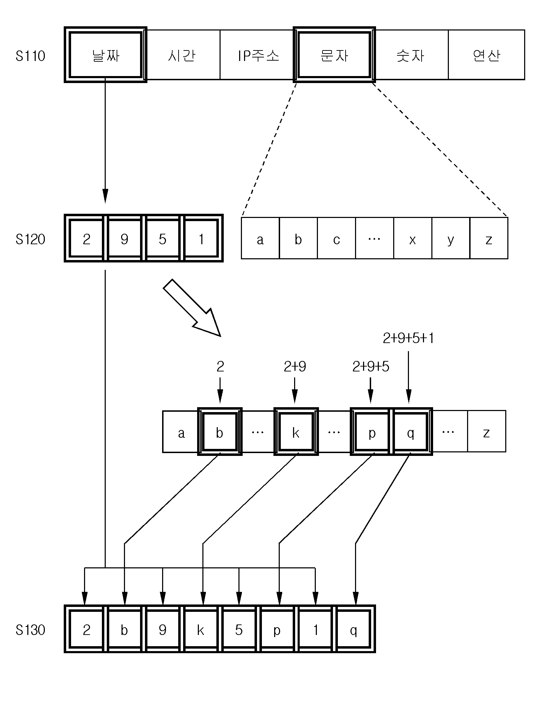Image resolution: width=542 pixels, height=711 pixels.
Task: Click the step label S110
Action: tap(30, 56)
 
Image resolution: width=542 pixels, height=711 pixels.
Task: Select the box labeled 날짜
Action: tap(105, 55)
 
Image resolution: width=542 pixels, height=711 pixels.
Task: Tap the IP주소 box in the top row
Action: tap(258, 55)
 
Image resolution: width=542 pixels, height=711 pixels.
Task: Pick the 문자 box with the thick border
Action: tap(334, 55)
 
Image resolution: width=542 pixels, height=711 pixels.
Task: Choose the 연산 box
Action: tap(486, 55)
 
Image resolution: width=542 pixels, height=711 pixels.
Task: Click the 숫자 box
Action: tap(410, 55)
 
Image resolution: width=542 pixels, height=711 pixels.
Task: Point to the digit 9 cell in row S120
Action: tap(125, 238)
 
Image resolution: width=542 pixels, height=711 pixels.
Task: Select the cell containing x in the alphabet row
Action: tap(413, 238)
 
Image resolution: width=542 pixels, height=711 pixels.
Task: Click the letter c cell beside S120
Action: tap(336, 238)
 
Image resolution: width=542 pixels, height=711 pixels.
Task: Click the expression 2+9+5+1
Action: tap(408, 339)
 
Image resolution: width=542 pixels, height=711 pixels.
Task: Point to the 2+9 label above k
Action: tap(295, 367)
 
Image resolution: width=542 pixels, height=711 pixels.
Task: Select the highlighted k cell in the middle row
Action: tap(296, 431)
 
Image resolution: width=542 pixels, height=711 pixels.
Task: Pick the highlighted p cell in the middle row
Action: tap(372, 431)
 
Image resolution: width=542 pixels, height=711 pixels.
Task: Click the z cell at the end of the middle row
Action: tap(487, 431)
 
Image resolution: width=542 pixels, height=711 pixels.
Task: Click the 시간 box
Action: tap(182, 55)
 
